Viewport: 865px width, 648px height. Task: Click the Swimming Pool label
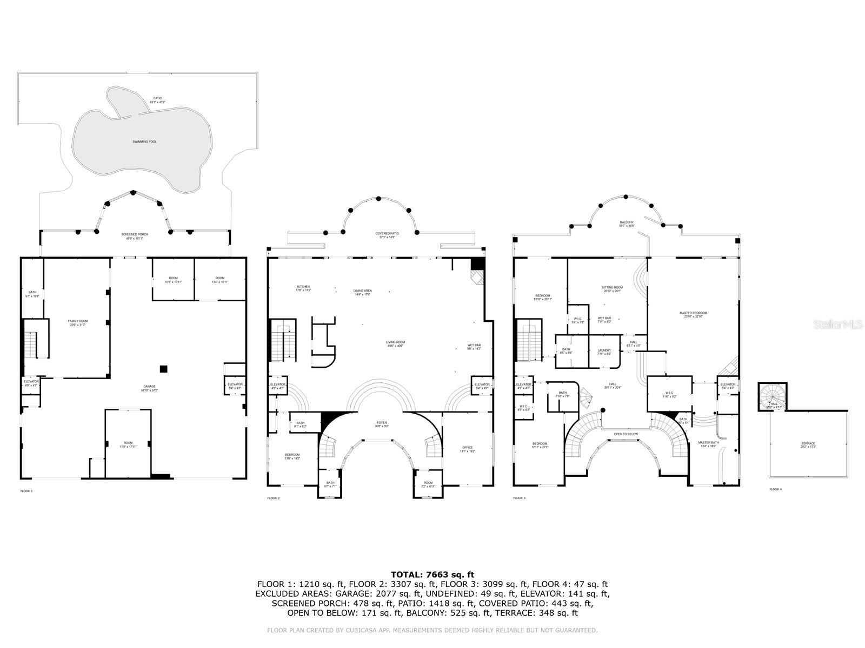tap(144, 141)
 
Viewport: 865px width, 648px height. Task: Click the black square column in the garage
tap(163, 369)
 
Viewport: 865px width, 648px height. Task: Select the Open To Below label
tap(626, 434)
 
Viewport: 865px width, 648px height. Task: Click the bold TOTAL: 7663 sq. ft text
tap(432, 575)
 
